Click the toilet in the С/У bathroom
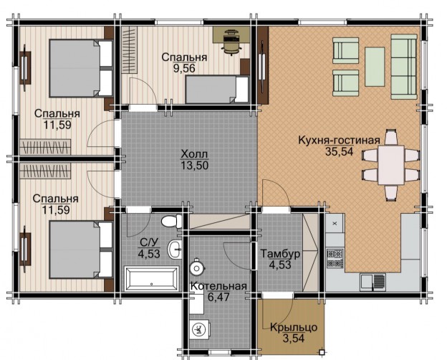tap(172, 222)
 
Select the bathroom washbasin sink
tap(175, 250)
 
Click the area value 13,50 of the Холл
tap(194, 165)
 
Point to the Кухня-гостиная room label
tap(339, 141)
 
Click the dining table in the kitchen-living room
tap(391, 165)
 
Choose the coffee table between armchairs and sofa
tap(375, 67)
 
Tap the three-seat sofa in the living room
tap(404, 67)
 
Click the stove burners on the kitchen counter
tap(335, 258)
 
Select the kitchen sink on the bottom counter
tap(373, 280)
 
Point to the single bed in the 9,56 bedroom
tap(217, 90)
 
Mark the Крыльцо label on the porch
tap(294, 328)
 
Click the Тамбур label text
tap(280, 254)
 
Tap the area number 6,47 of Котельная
tap(218, 297)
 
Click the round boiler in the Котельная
tap(196, 267)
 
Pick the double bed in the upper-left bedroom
tap(81, 68)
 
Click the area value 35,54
tap(340, 151)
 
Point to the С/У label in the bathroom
tap(149, 242)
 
